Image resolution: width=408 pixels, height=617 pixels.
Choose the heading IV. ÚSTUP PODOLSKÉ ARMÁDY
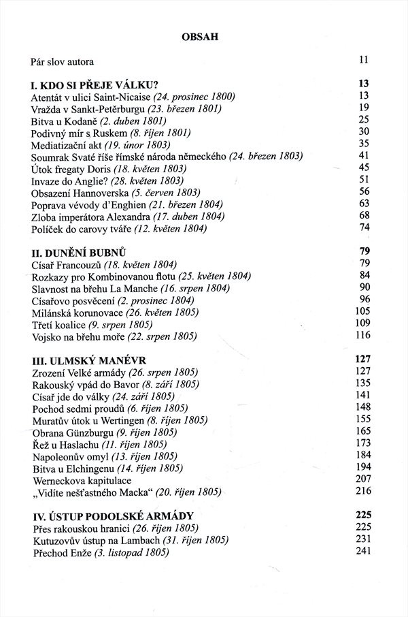click(x=113, y=515)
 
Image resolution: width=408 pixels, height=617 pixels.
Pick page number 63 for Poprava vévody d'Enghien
click(x=363, y=204)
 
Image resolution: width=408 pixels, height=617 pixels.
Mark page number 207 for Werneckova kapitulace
click(x=361, y=478)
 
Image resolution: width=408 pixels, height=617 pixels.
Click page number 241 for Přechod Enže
click(x=361, y=552)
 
